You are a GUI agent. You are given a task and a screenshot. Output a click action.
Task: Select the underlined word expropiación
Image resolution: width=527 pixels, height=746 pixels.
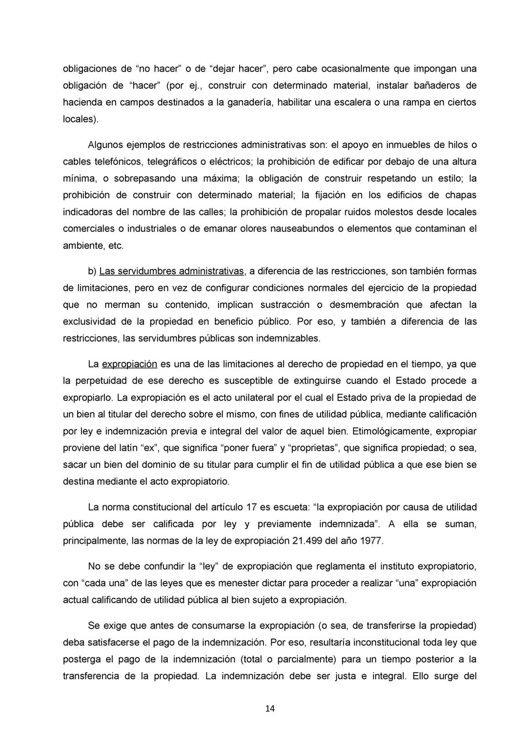point(129,364)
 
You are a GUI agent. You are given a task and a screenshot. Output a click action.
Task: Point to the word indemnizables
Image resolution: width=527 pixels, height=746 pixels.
point(291,338)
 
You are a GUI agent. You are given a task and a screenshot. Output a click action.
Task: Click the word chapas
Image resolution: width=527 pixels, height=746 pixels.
point(461,195)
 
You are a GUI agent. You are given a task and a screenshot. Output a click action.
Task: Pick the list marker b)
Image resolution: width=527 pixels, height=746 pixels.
point(92,271)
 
